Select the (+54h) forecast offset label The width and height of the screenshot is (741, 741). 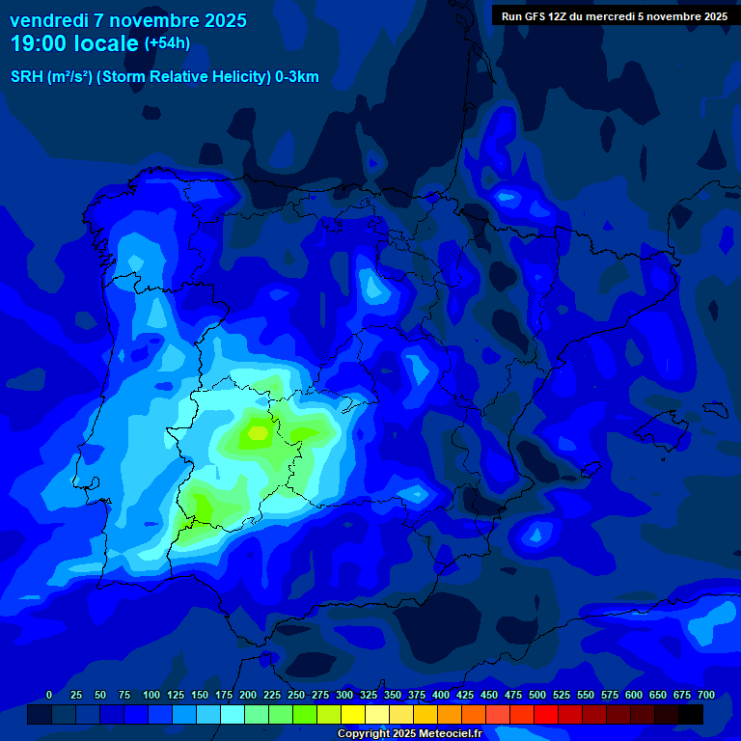coord(166,43)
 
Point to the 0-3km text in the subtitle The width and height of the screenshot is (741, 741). coord(296,77)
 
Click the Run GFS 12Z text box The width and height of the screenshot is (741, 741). coord(615,15)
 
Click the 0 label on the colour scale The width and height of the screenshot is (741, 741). coord(49,695)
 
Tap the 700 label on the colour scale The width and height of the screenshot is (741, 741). coord(705,695)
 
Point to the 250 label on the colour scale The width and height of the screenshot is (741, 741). coord(295,695)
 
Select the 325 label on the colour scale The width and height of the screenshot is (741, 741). coord(368,695)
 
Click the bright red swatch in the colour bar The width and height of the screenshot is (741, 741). coord(545,714)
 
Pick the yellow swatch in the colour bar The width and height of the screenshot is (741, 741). coord(353,714)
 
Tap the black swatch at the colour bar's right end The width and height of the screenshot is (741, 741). coord(690,714)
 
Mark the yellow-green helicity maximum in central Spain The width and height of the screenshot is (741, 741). coord(257,431)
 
